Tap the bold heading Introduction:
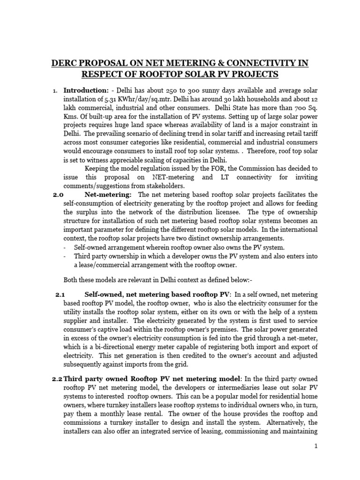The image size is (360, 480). pyautogui.click(x=82, y=90)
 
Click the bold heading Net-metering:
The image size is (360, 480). pyautogui.click(x=108, y=195)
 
